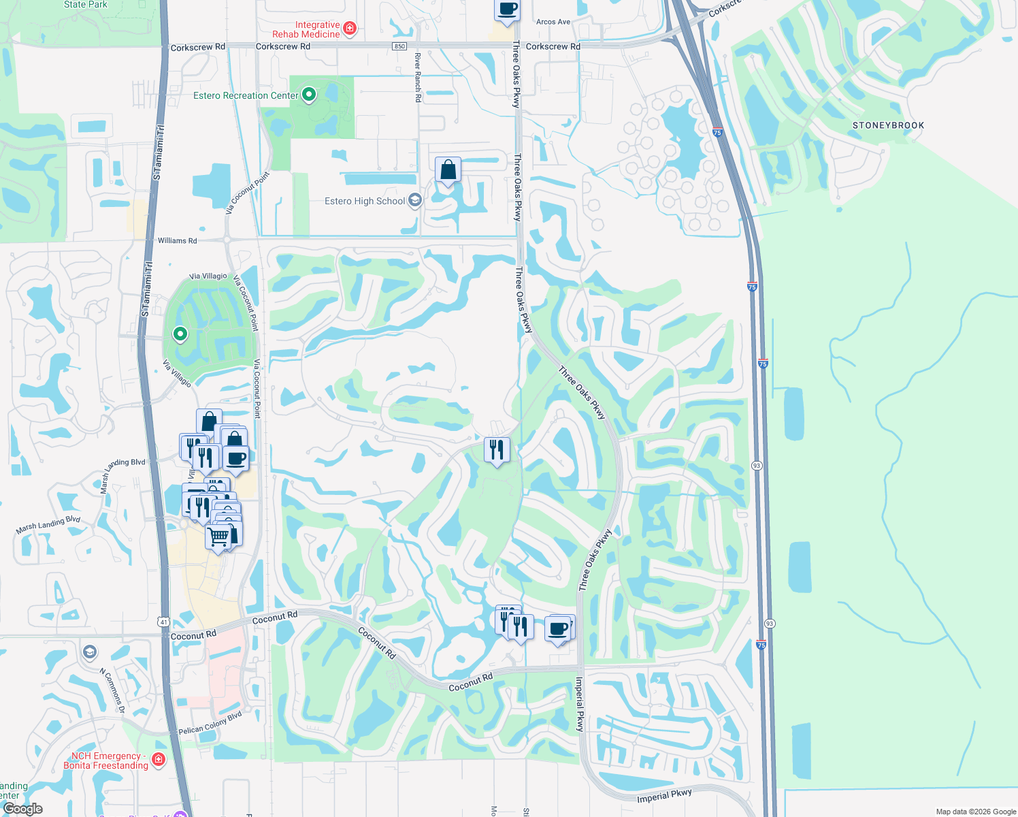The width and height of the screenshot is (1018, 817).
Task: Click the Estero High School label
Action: pos(365,201)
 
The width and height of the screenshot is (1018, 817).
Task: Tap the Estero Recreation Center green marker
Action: pos(308,95)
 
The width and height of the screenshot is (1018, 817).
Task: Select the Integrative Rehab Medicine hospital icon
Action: pos(350,28)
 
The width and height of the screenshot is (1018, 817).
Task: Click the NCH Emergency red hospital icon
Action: pos(159,759)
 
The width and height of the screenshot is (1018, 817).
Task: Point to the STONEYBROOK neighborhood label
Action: pos(888,125)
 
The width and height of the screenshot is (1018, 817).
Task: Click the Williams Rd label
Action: pos(177,240)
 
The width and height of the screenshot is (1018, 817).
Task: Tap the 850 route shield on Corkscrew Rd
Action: pos(399,46)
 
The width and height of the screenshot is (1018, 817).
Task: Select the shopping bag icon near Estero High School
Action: pos(448,170)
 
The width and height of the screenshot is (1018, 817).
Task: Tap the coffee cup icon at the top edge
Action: pos(507,10)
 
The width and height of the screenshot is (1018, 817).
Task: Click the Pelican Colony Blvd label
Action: pos(210,723)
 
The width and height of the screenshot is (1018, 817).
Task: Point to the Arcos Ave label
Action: pos(553,22)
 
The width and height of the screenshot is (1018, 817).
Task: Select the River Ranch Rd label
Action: pos(418,78)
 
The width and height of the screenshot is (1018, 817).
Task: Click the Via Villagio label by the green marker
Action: pos(208,276)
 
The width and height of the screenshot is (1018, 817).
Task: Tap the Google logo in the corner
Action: pos(22,809)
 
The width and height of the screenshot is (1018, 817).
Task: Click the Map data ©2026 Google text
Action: pos(976,812)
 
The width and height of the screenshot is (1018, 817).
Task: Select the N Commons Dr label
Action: pos(112,690)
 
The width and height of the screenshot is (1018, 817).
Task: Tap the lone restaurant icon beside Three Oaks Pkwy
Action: pos(497,450)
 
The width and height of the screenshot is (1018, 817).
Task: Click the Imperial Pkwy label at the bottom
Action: pos(664,796)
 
